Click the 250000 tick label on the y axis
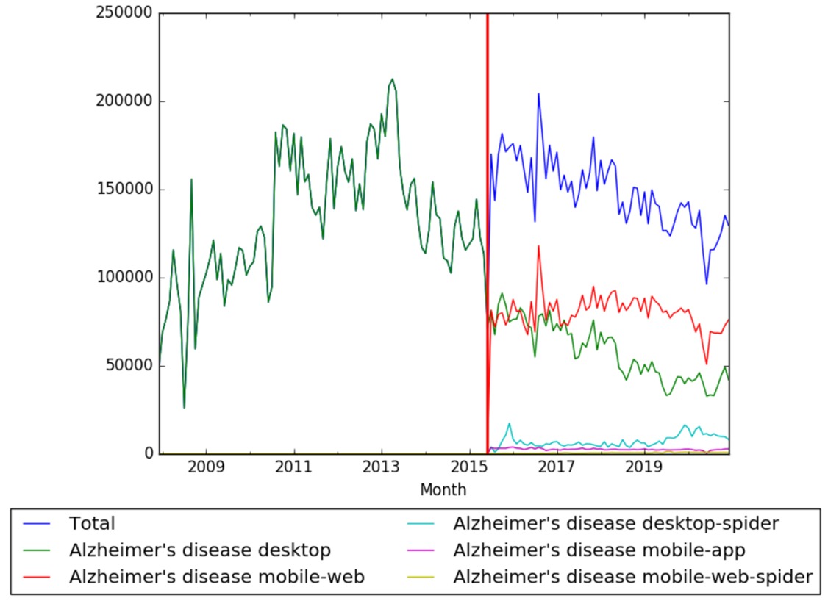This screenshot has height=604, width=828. [124, 13]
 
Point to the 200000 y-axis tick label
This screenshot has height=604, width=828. [124, 101]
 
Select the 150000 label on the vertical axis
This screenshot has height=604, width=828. [124, 190]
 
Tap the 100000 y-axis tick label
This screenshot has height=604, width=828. [124, 278]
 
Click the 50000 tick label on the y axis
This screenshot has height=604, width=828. [129, 366]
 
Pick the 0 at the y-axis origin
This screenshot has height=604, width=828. [147, 454]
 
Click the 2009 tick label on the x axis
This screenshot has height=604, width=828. [207, 469]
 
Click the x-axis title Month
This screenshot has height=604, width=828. [443, 489]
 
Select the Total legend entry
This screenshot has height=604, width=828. [92, 524]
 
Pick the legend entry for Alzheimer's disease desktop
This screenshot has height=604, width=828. [199, 550]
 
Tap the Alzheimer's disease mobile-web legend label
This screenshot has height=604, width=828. [217, 577]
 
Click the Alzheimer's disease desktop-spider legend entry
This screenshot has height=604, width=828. [616, 524]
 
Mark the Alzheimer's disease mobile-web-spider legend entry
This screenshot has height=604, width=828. [633, 577]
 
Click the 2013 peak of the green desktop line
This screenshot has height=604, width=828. [392, 79]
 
